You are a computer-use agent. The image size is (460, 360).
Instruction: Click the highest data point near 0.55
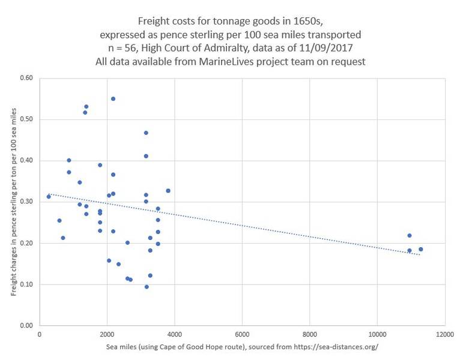(113, 98)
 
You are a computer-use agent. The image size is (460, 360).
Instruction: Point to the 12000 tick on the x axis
(444, 334)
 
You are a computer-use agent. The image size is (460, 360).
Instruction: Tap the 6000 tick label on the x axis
(242, 334)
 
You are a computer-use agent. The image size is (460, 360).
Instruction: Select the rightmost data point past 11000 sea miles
(420, 249)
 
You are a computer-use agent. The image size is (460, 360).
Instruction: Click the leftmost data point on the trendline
(49, 196)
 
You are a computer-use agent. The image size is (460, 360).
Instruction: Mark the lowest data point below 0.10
(147, 287)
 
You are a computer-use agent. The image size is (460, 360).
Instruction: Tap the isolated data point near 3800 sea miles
(168, 191)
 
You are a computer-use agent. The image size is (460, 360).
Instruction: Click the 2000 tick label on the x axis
(107, 334)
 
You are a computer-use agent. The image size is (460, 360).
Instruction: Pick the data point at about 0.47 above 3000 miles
(146, 133)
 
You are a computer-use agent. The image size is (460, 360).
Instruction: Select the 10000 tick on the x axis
(377, 334)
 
